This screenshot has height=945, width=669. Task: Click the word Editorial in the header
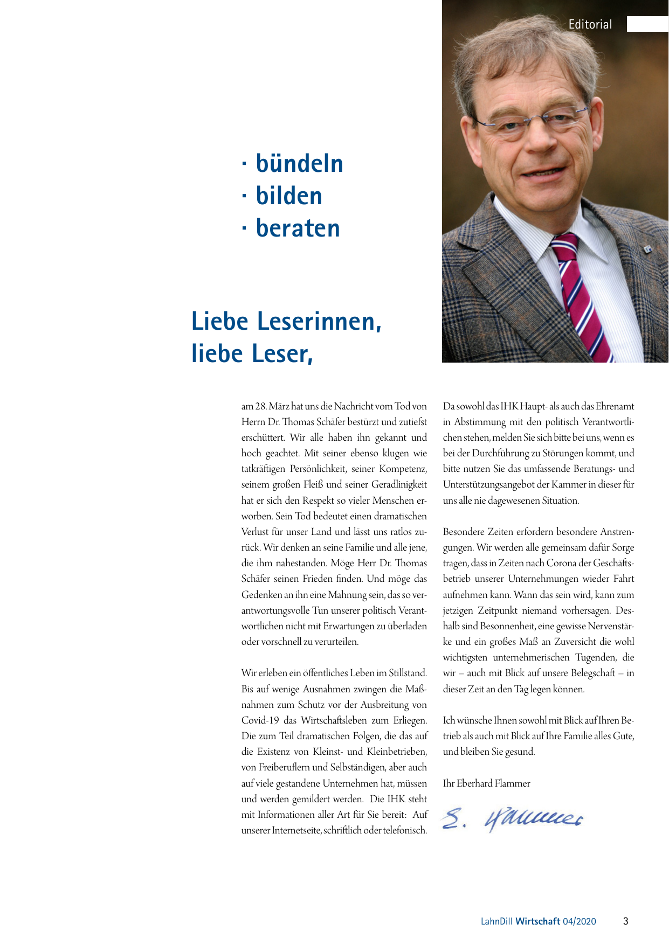point(590,24)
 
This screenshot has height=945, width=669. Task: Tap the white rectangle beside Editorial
point(647,24)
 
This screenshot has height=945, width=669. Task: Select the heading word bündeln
point(299,164)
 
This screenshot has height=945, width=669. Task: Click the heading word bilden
point(289,196)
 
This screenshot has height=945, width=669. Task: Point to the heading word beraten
point(298,228)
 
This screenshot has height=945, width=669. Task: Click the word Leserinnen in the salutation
point(319,321)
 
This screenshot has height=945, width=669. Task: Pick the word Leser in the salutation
point(279,353)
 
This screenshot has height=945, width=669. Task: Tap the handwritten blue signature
point(512,819)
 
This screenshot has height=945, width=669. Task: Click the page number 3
point(625,921)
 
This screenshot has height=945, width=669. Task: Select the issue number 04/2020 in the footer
point(580,921)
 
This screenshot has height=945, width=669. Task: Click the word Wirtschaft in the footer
point(537,921)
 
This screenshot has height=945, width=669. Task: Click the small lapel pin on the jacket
point(647,249)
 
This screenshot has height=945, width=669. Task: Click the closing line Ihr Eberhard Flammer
point(486,783)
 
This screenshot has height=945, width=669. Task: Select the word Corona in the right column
point(561,563)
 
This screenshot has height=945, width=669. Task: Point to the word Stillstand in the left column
point(408,673)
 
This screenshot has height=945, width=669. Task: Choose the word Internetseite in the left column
point(296,830)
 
